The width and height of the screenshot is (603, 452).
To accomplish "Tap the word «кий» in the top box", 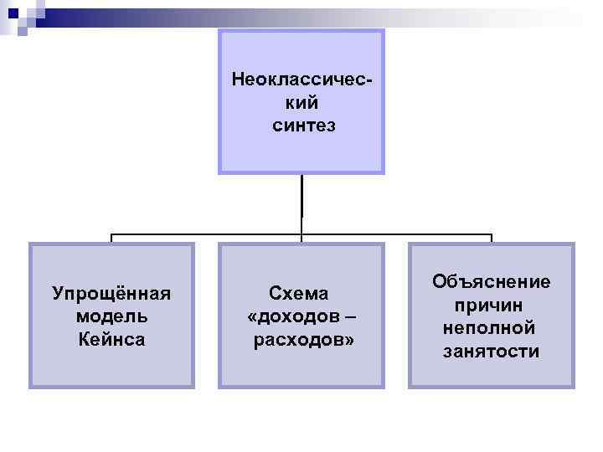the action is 301,104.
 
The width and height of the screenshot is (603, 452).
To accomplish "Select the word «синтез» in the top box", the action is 302,126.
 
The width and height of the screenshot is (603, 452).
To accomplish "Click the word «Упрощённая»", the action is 111,294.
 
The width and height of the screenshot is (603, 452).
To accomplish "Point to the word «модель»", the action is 111,316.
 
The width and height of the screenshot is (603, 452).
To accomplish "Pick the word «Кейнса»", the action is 111,339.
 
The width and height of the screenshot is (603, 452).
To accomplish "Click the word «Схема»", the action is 299,294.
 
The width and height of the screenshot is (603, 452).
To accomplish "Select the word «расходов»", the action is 299,340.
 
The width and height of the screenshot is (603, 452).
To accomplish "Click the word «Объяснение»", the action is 492,282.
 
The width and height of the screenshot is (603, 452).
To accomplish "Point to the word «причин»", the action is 492,305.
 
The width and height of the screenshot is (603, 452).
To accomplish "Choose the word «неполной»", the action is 492,327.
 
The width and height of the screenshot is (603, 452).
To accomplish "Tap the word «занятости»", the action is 492,351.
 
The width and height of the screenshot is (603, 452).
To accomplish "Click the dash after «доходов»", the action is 349,317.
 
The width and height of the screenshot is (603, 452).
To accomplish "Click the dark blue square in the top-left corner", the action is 12,13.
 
